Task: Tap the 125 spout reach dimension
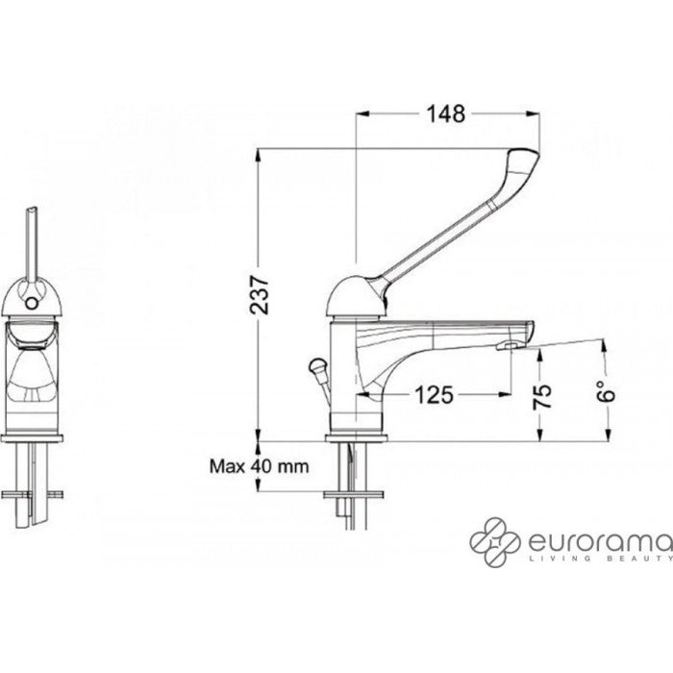[435, 393]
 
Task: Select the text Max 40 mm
[259, 466]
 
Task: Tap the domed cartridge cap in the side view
[352, 290]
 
